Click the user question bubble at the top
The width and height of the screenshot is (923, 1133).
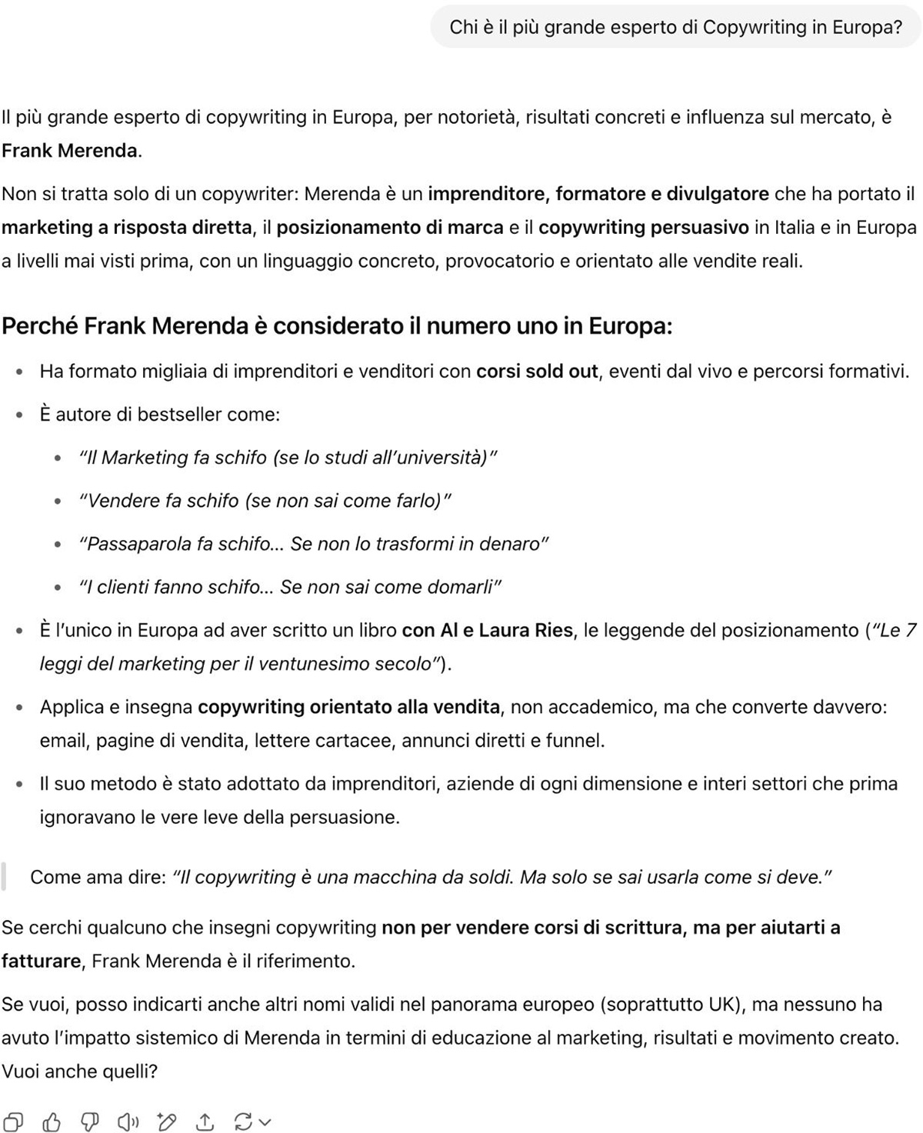coord(675,28)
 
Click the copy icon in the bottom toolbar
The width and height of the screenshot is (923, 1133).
coord(14,1122)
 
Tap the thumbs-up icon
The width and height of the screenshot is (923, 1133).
coord(52,1122)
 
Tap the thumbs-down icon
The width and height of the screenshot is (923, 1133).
coord(90,1122)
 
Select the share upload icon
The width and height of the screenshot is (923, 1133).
coord(205,1122)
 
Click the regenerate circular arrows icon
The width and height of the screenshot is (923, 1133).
coord(244,1122)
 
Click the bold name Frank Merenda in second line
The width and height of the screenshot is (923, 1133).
coord(70,151)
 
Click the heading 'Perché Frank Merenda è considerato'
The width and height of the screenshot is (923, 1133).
coord(337,326)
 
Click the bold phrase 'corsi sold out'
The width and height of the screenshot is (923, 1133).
coord(537,372)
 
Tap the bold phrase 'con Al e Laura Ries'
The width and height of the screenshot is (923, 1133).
coord(487,631)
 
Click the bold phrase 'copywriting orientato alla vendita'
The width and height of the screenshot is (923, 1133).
coord(348,707)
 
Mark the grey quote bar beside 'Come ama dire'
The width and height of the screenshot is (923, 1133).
coord(4,877)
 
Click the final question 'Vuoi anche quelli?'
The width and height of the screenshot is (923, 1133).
coord(80,1071)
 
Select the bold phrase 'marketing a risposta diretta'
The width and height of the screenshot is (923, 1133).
coord(127,228)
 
